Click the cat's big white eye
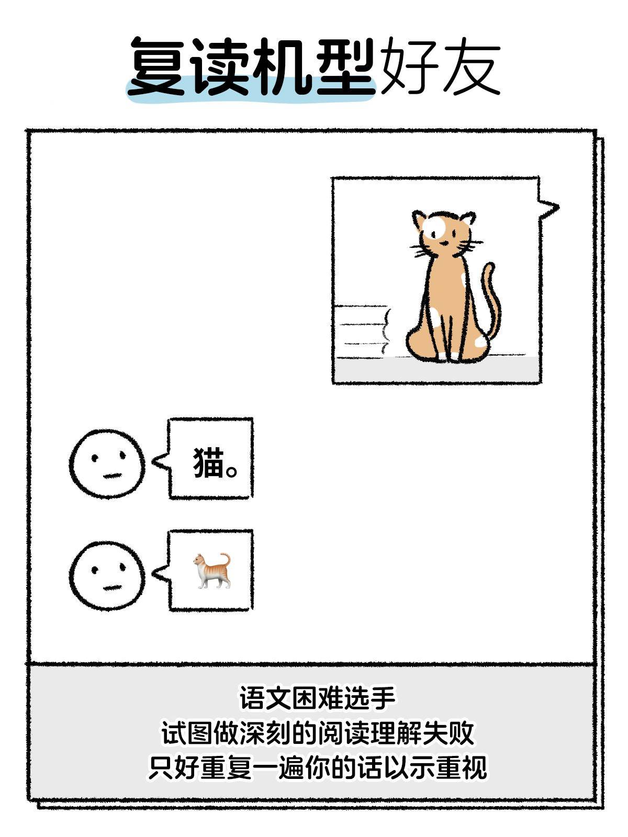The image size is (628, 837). [x=434, y=228]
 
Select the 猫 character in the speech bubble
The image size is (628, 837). [x=208, y=462]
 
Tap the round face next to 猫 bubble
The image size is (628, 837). [x=107, y=463]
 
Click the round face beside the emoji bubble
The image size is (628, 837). [x=107, y=575]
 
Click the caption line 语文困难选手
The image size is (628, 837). [x=317, y=698]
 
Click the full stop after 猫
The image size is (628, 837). [x=232, y=469]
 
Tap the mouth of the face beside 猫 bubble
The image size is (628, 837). [x=112, y=476]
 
